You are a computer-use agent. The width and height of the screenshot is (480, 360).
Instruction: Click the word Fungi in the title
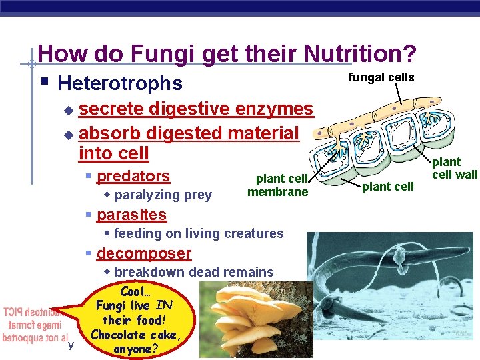pos(151,53)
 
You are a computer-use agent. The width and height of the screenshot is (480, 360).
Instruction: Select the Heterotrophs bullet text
pos(120,83)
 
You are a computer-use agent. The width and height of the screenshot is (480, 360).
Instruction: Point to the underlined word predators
pos(133,176)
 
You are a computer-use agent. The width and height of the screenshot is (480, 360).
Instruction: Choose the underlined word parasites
pos(131,215)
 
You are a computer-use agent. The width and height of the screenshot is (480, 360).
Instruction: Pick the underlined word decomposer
pos(144,253)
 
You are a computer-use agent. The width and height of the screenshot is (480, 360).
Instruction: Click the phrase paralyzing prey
pos(163,195)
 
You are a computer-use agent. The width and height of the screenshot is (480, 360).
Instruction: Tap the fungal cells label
pos(381,77)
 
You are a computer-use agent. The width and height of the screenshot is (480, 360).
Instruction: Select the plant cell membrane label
pos(278,185)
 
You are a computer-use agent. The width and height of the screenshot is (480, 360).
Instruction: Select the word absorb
pos(110,133)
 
